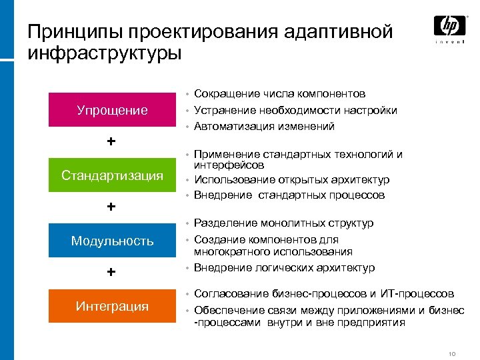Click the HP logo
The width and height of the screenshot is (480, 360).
pyautogui.click(x=450, y=27)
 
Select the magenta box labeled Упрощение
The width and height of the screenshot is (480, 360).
pyautogui.click(x=112, y=110)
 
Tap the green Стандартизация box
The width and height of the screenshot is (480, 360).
pyautogui.click(x=112, y=175)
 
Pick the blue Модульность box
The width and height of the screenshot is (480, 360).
pyautogui.click(x=112, y=241)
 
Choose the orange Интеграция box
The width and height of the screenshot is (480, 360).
pyautogui.click(x=112, y=306)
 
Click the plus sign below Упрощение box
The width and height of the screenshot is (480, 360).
pyautogui.click(x=111, y=142)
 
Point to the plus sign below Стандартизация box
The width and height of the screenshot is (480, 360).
pyautogui.click(x=111, y=207)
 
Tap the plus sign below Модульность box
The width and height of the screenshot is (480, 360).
pyautogui.click(x=111, y=272)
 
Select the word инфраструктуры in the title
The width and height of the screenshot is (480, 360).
pyautogui.click(x=104, y=52)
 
